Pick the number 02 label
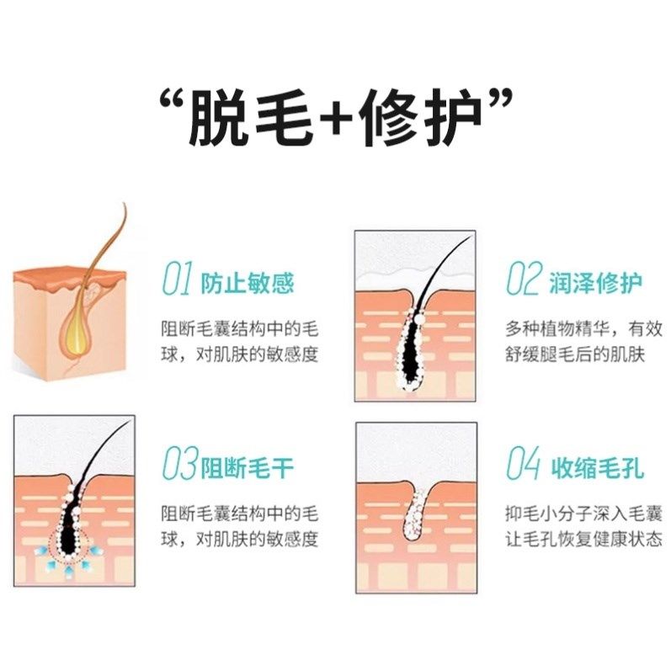point(521,280)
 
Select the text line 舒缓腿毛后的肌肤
point(574,354)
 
